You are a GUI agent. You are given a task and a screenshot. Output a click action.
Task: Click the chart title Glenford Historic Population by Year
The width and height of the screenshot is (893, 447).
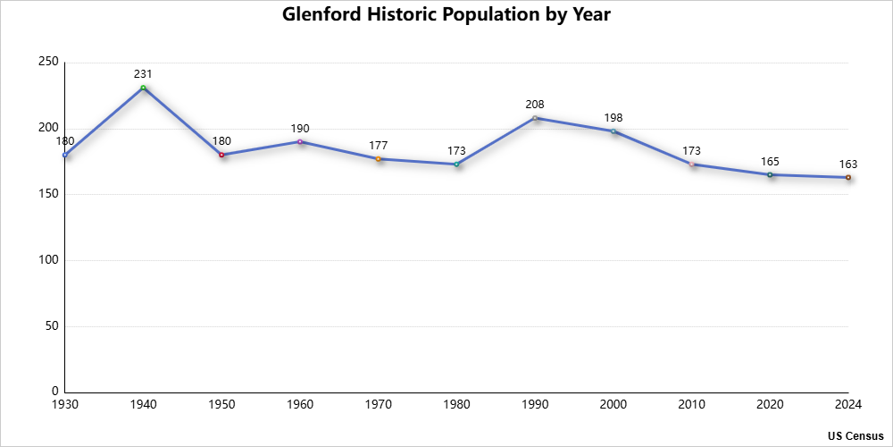(446, 15)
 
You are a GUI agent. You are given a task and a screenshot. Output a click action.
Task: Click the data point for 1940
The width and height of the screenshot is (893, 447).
(143, 88)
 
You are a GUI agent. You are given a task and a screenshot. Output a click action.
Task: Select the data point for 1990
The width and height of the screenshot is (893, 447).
(535, 118)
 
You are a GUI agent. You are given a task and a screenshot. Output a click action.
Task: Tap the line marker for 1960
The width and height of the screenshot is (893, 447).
(300, 141)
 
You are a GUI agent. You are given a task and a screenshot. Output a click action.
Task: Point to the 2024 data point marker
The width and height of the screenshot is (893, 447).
(848, 177)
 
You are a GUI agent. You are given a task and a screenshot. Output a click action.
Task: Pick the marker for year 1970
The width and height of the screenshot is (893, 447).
(379, 158)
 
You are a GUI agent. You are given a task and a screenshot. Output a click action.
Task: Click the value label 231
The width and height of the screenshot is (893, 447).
(143, 73)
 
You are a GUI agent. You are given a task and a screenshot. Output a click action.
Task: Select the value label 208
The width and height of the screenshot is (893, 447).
(535, 104)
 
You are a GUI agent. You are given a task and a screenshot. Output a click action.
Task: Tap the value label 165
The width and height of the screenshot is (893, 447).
(770, 161)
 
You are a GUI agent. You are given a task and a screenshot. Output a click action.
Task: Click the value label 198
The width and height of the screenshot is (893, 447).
(613, 117)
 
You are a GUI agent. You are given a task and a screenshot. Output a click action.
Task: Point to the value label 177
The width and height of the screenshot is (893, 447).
(379, 145)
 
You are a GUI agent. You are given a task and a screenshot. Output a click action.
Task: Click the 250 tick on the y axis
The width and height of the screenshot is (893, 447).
(48, 62)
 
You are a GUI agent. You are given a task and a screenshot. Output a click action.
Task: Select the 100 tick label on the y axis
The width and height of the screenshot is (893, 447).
(48, 260)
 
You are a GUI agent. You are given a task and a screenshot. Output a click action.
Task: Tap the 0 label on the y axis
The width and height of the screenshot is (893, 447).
(54, 392)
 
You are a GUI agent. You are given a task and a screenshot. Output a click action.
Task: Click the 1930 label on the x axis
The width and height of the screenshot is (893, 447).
(65, 405)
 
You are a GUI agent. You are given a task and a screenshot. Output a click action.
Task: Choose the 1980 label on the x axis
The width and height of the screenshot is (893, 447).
(456, 405)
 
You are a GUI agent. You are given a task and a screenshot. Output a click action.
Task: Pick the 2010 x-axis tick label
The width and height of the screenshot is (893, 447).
(691, 405)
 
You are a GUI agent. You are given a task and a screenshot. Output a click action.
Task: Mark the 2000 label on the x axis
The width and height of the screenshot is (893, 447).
(613, 405)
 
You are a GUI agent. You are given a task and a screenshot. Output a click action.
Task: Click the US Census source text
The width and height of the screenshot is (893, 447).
(855, 435)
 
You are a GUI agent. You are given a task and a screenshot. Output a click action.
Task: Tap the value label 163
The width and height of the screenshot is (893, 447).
(848, 164)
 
